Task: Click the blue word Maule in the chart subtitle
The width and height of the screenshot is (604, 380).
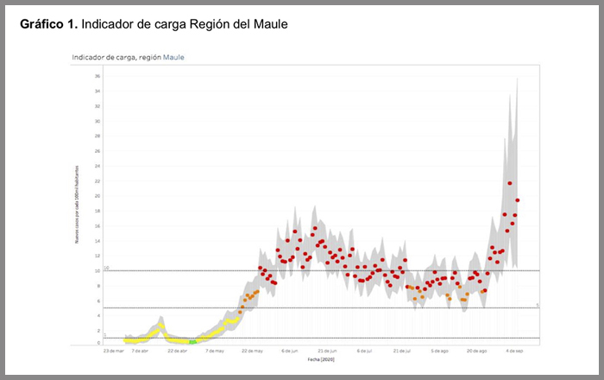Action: (173, 57)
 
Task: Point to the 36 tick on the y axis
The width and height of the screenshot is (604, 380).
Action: (98, 76)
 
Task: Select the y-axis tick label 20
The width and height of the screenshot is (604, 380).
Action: (98, 196)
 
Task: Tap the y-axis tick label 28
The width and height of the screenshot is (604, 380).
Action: (98, 136)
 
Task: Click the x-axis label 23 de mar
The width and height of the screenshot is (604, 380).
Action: (113, 351)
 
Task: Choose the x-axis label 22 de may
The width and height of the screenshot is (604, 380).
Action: (253, 351)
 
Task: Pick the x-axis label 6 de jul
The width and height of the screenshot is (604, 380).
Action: (365, 351)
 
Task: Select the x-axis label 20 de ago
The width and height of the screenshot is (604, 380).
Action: (477, 351)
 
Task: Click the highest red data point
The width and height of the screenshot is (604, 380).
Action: (510, 183)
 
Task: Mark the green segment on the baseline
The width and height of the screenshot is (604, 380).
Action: (192, 342)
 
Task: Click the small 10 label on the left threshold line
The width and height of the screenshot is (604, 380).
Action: (106, 268)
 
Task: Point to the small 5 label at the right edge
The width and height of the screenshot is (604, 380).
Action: (537, 305)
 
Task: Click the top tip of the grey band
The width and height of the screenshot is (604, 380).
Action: (517, 78)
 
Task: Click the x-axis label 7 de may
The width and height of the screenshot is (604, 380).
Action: (215, 351)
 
